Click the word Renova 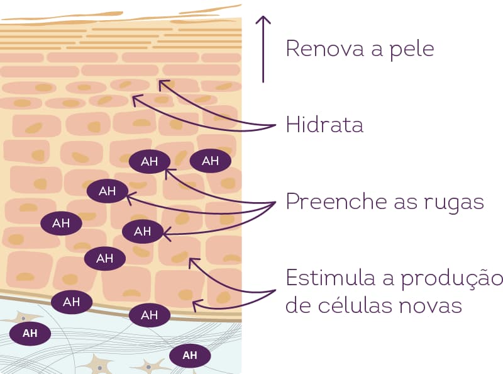tap(320, 48)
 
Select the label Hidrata tap(324, 124)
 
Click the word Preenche tap(337, 201)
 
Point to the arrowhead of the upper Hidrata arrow tap(162, 81)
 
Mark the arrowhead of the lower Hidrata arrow tap(135, 98)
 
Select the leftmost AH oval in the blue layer tap(30, 333)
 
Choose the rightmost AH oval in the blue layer tap(190, 356)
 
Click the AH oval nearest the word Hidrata tap(210, 161)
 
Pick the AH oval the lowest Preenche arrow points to tap(143, 232)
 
